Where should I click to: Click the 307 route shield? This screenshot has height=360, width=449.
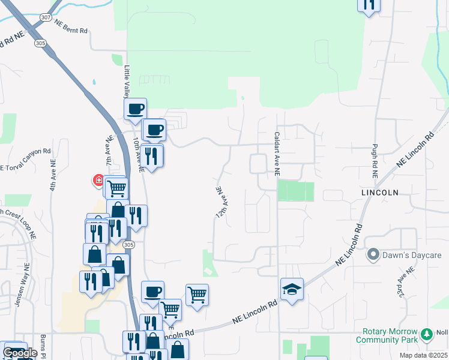(46, 18)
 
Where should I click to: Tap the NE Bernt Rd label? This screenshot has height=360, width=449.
(71, 26)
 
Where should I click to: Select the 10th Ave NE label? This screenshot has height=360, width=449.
(139, 155)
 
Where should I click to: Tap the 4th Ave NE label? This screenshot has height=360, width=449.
(53, 175)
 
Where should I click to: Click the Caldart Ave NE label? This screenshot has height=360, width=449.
(277, 154)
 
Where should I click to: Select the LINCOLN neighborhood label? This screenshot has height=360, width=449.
(380, 192)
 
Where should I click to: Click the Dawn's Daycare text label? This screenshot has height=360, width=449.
(412, 255)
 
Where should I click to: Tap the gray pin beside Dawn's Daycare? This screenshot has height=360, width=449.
(373, 255)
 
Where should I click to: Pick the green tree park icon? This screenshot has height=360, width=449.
(427, 334)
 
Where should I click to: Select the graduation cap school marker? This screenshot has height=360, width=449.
(292, 289)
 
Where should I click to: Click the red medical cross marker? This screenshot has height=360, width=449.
(98, 180)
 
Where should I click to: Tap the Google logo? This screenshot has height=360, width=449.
(20, 353)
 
